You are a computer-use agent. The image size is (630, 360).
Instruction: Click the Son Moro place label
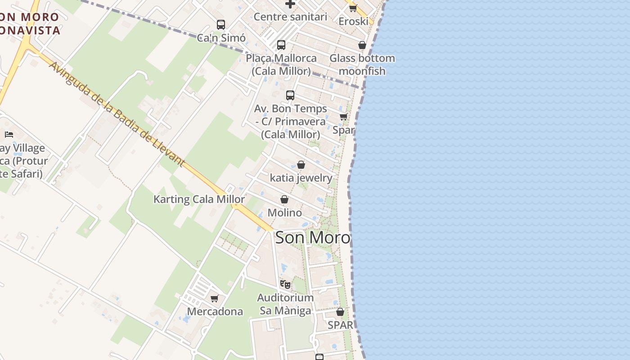click(313, 238)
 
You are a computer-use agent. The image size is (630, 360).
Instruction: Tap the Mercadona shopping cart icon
click(215, 298)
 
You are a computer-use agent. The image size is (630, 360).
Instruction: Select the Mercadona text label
click(215, 311)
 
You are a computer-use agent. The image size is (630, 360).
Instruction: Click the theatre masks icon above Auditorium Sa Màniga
click(285, 284)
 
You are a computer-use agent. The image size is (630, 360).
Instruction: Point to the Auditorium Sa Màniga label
click(285, 304)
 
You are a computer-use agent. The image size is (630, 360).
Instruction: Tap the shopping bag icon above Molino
click(284, 199)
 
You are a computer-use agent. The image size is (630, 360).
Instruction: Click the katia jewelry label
click(301, 178)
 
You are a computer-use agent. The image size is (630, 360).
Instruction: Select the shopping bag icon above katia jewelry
click(301, 165)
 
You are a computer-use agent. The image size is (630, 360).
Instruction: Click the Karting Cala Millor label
click(199, 199)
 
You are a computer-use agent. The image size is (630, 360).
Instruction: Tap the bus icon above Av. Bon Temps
click(290, 95)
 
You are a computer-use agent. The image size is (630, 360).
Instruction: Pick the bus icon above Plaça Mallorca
click(281, 45)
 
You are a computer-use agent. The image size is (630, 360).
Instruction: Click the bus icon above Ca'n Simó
click(220, 25)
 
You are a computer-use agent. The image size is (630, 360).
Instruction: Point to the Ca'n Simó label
click(221, 38)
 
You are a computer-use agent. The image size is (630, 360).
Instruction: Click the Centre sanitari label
click(290, 17)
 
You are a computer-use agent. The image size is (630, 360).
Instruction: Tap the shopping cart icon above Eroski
click(353, 8)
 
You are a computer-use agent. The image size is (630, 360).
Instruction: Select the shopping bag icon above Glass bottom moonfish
click(362, 45)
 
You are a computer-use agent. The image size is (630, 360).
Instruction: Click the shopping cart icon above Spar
click(343, 117)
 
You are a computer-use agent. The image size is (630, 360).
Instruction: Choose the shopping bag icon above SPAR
click(340, 312)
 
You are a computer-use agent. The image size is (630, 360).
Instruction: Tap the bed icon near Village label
click(9, 134)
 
